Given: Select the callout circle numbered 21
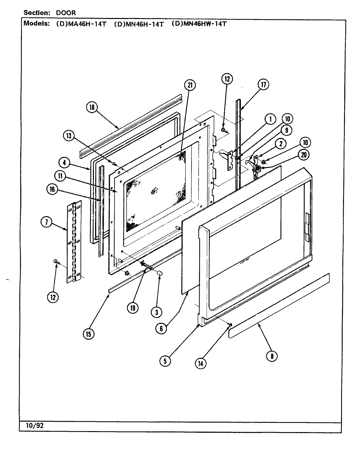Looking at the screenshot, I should (189, 85).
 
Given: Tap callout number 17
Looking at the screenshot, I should (263, 84).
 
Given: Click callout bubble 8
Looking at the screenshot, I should (272, 356).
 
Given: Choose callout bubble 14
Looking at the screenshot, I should (201, 363).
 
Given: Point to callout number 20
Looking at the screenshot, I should (303, 155).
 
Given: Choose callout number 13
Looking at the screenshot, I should (70, 136).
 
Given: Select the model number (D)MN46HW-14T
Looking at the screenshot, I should (199, 24).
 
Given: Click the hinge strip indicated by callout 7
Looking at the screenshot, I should (74, 242).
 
